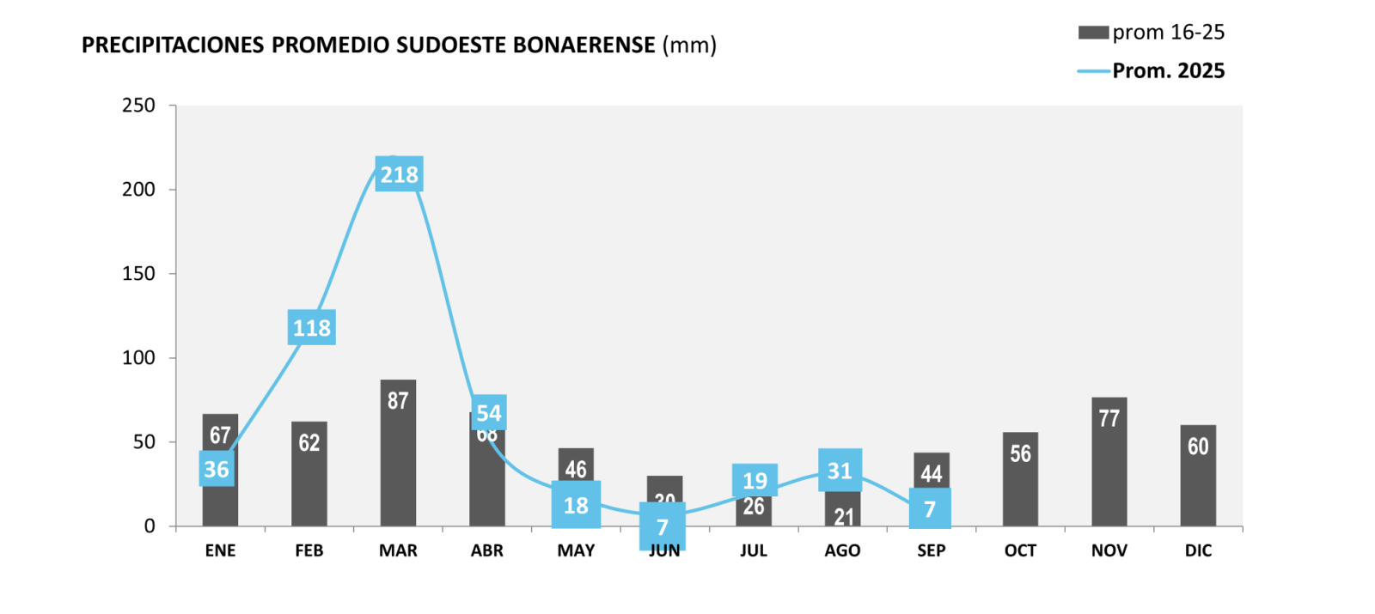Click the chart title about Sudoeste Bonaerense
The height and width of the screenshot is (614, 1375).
pyautogui.click(x=399, y=45)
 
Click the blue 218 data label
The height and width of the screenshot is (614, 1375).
pyautogui.click(x=400, y=174)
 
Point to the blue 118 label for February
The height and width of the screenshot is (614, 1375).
pyautogui.click(x=311, y=327)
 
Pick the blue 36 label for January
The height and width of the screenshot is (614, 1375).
pyautogui.click(x=217, y=469)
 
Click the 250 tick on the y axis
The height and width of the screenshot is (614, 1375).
pyautogui.click(x=139, y=106)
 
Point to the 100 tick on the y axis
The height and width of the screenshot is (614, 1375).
pyautogui.click(x=139, y=358)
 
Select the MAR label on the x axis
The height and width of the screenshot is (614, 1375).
pyautogui.click(x=398, y=550)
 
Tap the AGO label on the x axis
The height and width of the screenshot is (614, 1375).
pyautogui.click(x=842, y=550)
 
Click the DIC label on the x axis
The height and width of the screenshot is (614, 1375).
pyautogui.click(x=1198, y=550)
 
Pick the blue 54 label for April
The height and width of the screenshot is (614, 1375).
pyautogui.click(x=489, y=412)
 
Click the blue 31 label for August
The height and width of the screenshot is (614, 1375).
pyautogui.click(x=840, y=470)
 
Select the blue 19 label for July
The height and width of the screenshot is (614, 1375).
pyautogui.click(x=755, y=480)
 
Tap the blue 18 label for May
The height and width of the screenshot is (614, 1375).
pyautogui.click(x=576, y=505)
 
